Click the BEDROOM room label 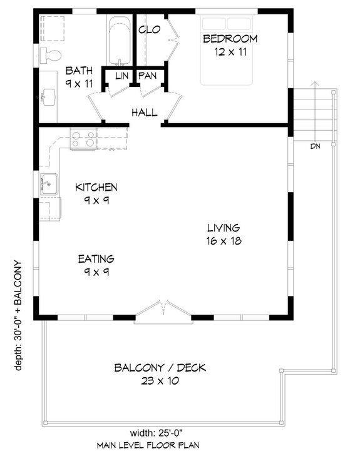(x=230, y=39)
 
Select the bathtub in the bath (x=119, y=41)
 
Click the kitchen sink (x=48, y=185)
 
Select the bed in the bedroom (x=227, y=50)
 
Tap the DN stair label (x=317, y=147)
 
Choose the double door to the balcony (x=163, y=311)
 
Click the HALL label (x=144, y=113)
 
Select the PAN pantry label (x=147, y=76)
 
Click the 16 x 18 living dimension (x=224, y=241)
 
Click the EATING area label (x=96, y=258)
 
